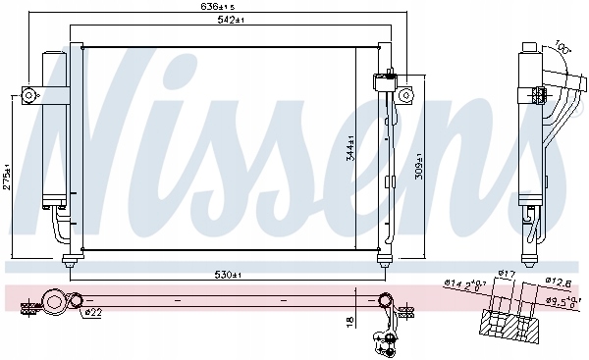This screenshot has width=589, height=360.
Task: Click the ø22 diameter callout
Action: pyautogui.click(x=90, y=313)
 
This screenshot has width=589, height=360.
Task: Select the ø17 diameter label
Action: pyautogui.click(x=508, y=274)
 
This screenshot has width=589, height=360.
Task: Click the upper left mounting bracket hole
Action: pyautogui.click(x=29, y=95)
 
